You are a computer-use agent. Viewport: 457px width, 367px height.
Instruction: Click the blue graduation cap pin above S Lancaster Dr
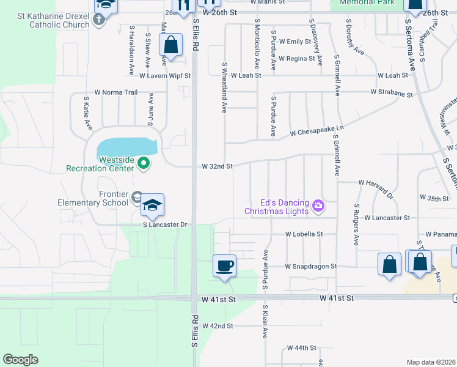pos(152,206)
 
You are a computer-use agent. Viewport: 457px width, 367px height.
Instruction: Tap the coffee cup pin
pos(224,265)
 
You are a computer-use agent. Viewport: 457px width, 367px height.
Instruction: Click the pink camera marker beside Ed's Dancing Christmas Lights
pos(318,206)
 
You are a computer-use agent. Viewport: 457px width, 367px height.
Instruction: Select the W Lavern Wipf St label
pos(165,76)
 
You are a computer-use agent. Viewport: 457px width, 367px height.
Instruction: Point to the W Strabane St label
pos(392,94)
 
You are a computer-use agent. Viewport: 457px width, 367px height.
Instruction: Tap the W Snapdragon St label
pos(311,266)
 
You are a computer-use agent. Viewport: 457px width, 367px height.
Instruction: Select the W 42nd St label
pos(218,326)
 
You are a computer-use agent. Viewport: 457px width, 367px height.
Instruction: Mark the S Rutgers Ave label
pos(356,224)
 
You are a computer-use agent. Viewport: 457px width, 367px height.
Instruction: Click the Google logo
pos(20,360)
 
